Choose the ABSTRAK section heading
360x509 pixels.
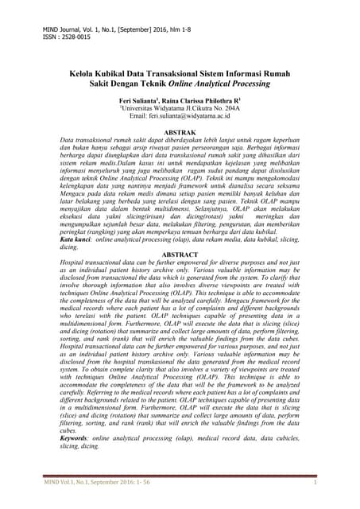tap(180, 130)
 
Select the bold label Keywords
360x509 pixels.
tap(79, 438)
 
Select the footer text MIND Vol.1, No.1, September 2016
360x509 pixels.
tap(88, 482)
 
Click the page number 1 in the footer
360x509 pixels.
tap(315, 482)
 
